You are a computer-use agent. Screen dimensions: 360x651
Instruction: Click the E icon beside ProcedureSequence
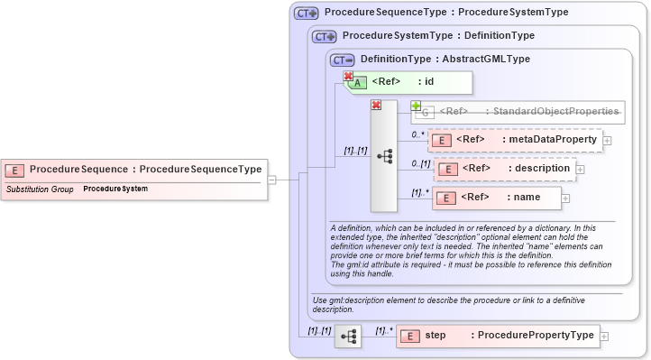click(x=15, y=170)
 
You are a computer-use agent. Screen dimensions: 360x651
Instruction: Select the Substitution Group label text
click(x=40, y=189)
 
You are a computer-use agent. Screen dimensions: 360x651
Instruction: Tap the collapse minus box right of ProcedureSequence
click(x=272, y=180)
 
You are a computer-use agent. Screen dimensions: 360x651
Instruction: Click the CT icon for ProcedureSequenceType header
click(x=307, y=14)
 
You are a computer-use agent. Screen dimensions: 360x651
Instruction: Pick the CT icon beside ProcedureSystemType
click(x=324, y=36)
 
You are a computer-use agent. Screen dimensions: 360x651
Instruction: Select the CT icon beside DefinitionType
click(x=342, y=60)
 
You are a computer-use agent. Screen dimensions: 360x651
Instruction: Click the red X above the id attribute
click(x=347, y=77)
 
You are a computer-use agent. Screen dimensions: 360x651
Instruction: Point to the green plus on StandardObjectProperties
click(x=416, y=106)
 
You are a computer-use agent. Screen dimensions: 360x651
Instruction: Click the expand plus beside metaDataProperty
click(x=607, y=140)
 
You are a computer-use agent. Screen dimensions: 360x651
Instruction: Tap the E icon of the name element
click(x=446, y=198)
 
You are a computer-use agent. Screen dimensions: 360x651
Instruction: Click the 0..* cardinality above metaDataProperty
click(x=417, y=134)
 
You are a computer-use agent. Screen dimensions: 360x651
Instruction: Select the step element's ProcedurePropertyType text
click(x=536, y=336)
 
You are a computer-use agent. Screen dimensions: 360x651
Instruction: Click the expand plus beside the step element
click(x=603, y=336)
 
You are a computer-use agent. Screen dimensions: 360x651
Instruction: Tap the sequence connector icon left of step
click(x=348, y=337)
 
